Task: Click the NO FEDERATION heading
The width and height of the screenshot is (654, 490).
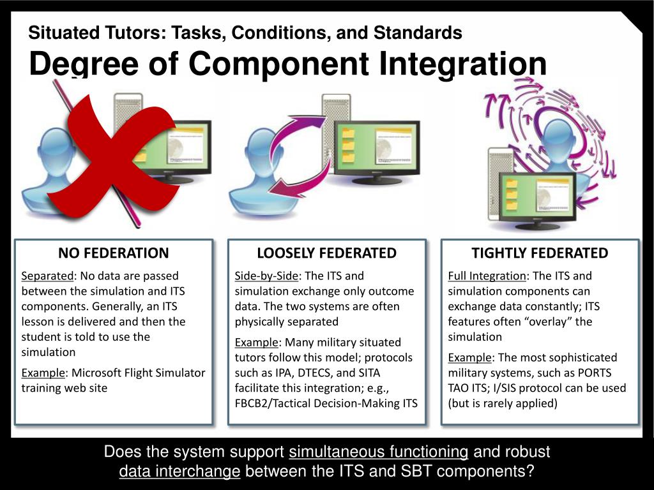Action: coord(114,253)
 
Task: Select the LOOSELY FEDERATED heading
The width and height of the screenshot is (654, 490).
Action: coord(326,253)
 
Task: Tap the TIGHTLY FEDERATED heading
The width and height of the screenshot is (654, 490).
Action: coord(540,253)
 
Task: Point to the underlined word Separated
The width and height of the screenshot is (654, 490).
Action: coord(47,276)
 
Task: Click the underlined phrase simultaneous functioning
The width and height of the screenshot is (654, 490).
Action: coord(379,452)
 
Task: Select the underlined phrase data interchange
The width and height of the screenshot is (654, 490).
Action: coord(179,472)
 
